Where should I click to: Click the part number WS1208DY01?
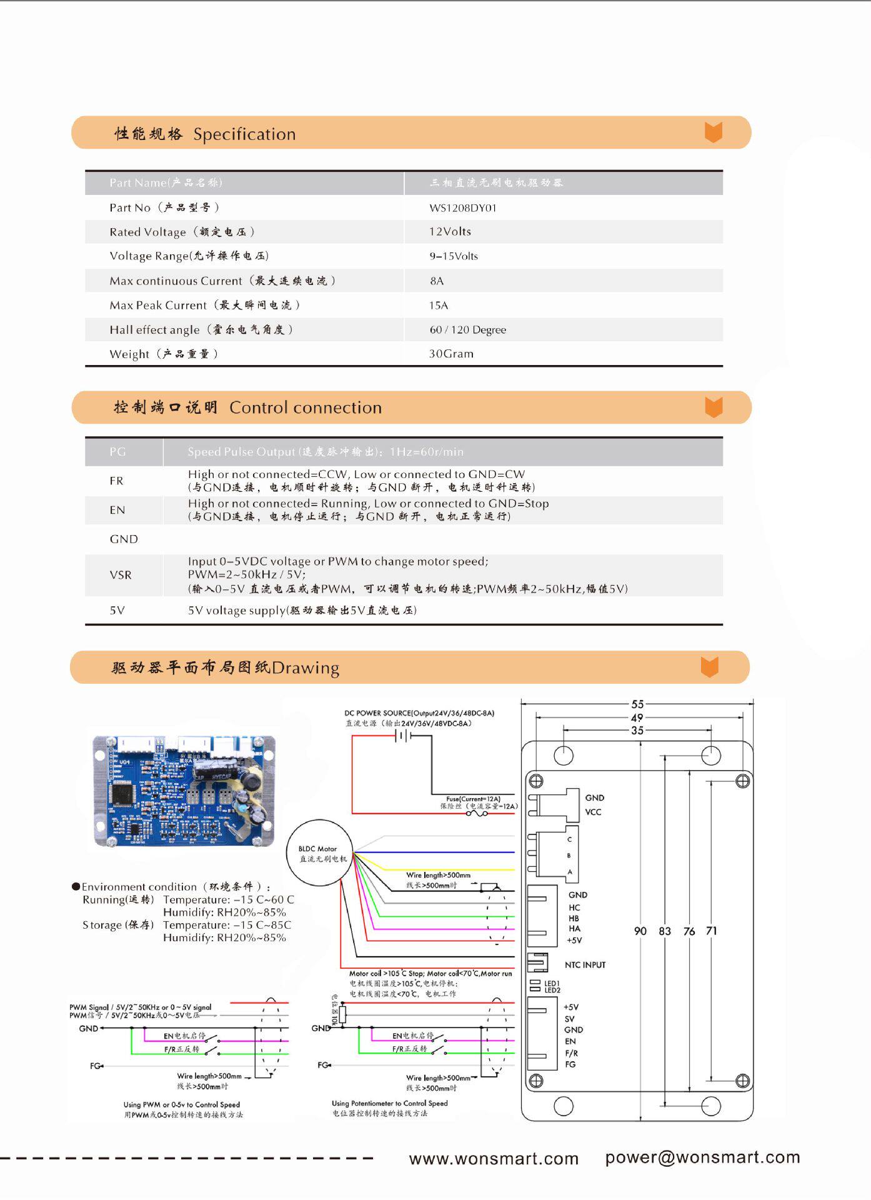tap(462, 208)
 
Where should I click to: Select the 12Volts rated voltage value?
tap(450, 232)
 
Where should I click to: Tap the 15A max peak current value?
tap(439, 306)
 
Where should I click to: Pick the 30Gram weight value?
tap(451, 354)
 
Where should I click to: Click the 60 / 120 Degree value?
tap(467, 330)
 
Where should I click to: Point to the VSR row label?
tap(121, 575)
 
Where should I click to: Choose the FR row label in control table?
tap(117, 481)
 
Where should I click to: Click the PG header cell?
tap(117, 452)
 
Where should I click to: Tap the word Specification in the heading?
tap(244, 134)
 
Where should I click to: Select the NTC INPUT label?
tap(585, 965)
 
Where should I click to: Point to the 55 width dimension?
tap(637, 704)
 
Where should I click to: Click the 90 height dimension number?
tap(640, 931)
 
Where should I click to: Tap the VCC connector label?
tap(593, 812)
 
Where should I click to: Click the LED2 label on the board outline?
tap(552, 991)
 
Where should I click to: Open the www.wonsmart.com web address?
tap(494, 1158)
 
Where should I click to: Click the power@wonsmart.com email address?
tap(702, 1157)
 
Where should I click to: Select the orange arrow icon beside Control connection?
tap(714, 407)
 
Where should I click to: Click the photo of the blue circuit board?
tap(184, 791)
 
